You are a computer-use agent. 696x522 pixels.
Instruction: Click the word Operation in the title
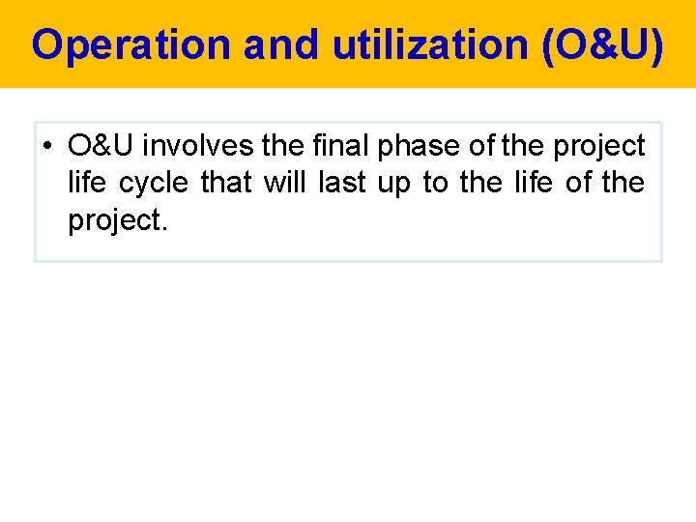point(130,45)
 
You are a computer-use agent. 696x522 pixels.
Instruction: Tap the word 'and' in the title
point(281,45)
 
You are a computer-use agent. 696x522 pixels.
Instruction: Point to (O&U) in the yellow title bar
point(603,45)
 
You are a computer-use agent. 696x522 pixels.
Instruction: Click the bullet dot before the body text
point(47,147)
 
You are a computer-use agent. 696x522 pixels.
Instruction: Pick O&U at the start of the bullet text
point(101,146)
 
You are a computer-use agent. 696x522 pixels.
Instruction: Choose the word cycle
point(154,184)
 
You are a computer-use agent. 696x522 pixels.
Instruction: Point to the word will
point(284,183)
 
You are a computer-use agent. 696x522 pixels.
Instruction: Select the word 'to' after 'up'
point(436,183)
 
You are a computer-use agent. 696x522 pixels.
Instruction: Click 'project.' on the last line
point(117,221)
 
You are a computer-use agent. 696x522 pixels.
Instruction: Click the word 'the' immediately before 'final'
point(288,146)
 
